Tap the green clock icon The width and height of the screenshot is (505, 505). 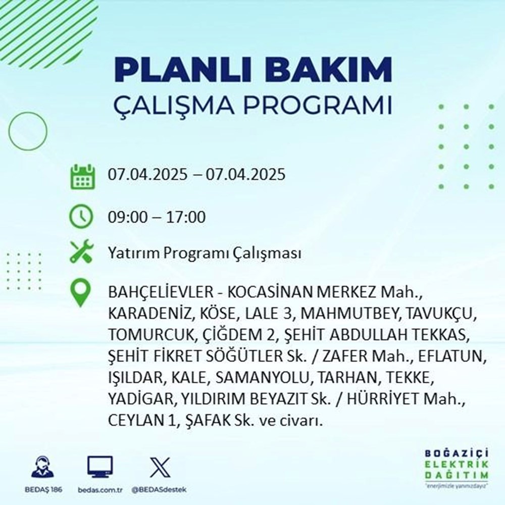click(x=81, y=218)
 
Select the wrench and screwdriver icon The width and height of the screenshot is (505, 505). click(x=81, y=252)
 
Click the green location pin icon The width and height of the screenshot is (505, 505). click(x=81, y=293)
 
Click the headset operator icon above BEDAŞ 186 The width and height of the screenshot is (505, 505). click(x=42, y=467)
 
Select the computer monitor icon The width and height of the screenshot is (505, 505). click(x=100, y=467)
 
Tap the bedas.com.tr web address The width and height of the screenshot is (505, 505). click(x=100, y=490)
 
